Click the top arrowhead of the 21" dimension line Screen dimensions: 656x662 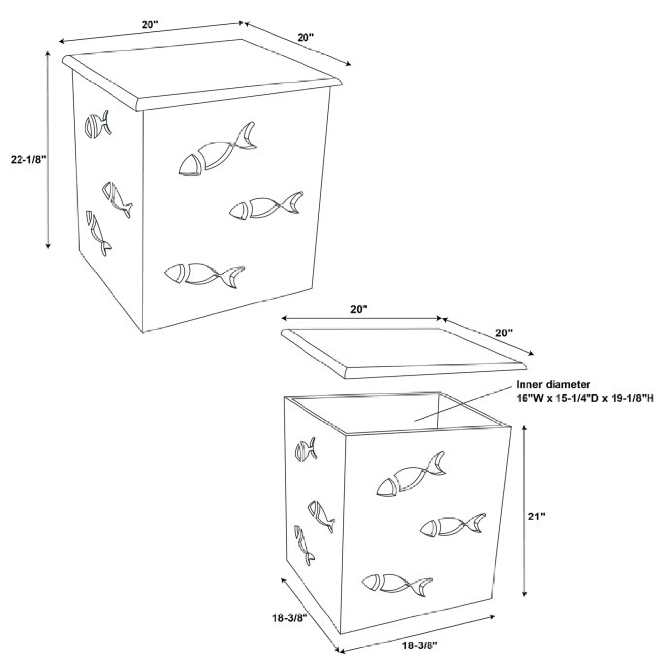[x=524, y=428]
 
